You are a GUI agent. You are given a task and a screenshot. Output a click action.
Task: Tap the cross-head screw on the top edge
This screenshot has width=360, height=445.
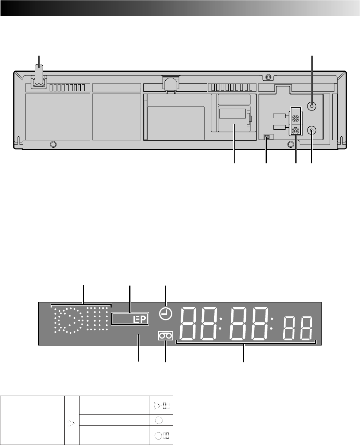point(268,77)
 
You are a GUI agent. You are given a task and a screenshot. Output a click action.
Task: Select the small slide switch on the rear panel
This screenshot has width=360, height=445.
point(267,137)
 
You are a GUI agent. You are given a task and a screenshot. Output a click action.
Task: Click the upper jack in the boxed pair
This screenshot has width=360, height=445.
point(296,118)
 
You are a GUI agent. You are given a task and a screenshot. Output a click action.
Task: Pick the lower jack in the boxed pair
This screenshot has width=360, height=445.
point(296,130)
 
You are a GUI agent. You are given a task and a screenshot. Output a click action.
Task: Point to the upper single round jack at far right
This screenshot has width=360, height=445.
point(312,106)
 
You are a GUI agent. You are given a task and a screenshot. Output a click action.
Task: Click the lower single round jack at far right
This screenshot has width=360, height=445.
point(312,130)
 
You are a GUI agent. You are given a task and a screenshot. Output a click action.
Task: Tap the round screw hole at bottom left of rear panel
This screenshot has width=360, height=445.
point(53,145)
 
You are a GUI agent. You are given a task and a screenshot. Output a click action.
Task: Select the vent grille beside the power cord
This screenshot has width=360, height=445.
point(67,88)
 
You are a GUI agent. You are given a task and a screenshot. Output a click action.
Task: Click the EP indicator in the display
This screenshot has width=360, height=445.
point(140,320)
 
